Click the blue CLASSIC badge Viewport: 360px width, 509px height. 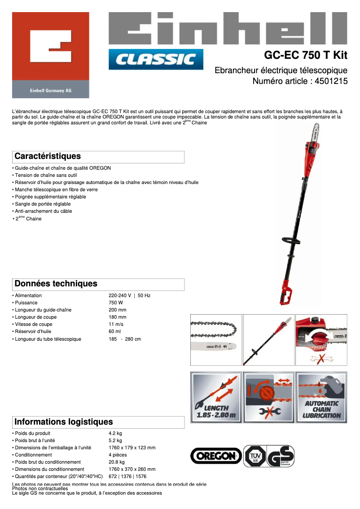(156, 59)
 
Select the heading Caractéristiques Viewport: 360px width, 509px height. (48, 156)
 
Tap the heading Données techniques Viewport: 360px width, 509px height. (56, 284)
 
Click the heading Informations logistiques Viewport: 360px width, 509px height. (64, 422)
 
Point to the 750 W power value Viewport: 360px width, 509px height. (116, 303)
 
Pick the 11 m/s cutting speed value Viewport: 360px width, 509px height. (117, 324)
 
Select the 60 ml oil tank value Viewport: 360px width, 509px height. (115, 331)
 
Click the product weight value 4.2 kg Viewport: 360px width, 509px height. (115, 433)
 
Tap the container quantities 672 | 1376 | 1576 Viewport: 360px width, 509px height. (127, 476)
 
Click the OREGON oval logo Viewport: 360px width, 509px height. (216, 456)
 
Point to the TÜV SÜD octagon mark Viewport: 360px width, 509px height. (254, 456)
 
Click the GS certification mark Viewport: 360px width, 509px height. (281, 456)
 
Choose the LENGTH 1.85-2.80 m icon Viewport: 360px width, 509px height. (216, 397)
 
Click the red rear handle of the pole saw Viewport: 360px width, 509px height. (286, 294)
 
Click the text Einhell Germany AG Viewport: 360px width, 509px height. (51, 90)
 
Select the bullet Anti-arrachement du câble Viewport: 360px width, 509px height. (44, 211)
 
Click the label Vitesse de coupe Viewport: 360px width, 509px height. (34, 324)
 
